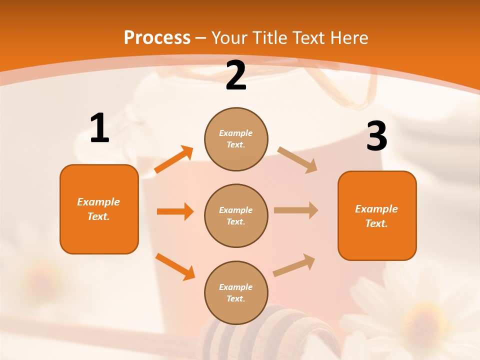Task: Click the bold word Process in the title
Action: (x=157, y=37)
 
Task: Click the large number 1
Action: (x=99, y=128)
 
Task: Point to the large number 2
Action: (x=236, y=75)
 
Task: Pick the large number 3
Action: (x=376, y=136)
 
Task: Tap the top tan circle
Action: (x=236, y=139)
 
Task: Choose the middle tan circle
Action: (x=236, y=215)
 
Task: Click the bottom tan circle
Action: (x=236, y=292)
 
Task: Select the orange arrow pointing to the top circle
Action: (x=174, y=159)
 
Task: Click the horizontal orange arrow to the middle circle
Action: (x=175, y=211)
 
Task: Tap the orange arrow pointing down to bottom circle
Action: (x=175, y=266)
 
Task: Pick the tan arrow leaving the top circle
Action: (x=297, y=160)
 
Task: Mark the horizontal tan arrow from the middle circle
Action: (x=296, y=210)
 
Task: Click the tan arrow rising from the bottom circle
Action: (x=294, y=265)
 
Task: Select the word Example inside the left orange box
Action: (x=98, y=202)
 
